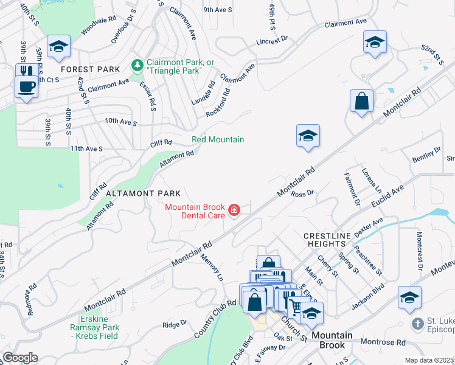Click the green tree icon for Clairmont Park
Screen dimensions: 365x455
(x=138, y=65)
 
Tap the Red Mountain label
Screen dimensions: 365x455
(x=218, y=139)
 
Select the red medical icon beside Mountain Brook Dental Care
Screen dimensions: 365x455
(x=234, y=211)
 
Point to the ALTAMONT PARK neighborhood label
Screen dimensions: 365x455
(x=134, y=193)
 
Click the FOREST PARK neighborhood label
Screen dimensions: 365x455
(x=91, y=69)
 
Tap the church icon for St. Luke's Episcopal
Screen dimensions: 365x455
(x=418, y=324)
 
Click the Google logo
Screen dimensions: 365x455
(x=20, y=358)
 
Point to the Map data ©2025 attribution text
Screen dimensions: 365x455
(x=429, y=360)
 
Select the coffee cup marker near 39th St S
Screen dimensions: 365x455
(x=26, y=86)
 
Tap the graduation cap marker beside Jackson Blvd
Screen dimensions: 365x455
(x=409, y=298)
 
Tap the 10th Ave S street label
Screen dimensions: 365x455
(x=120, y=121)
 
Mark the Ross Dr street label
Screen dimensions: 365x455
(x=302, y=193)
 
